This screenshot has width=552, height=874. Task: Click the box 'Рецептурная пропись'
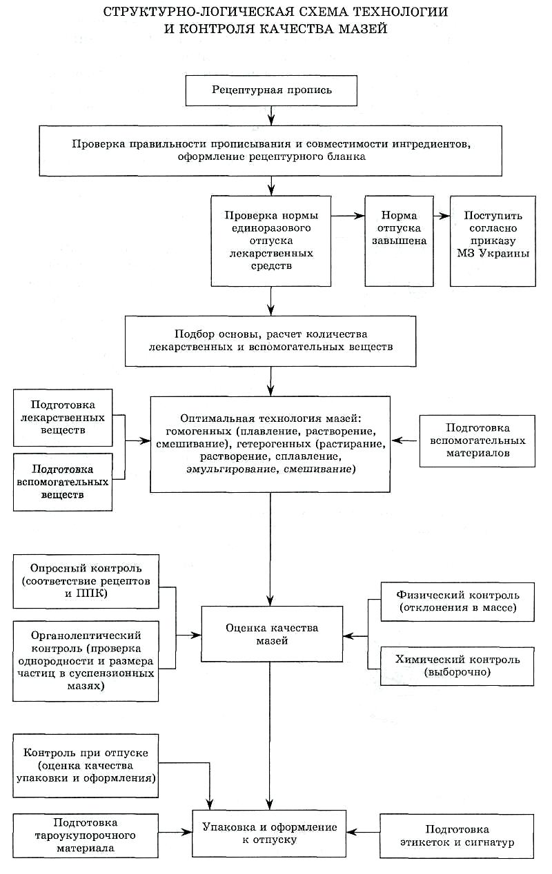[x=271, y=90]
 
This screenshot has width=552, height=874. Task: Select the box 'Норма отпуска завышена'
[x=399, y=241]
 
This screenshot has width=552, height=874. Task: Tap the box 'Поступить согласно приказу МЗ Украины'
[x=493, y=241]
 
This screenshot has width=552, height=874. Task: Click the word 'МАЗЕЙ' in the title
[x=363, y=29]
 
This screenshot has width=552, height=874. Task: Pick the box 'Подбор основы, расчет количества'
[x=270, y=341]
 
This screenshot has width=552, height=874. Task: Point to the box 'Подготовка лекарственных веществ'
[x=63, y=418]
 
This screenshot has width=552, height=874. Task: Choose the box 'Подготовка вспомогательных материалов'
[x=477, y=441]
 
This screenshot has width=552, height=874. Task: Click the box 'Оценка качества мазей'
[x=272, y=634]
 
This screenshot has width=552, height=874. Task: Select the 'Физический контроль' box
[x=457, y=602]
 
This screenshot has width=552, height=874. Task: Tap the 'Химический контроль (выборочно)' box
[x=457, y=667]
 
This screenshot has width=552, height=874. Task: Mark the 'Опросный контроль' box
[x=86, y=581]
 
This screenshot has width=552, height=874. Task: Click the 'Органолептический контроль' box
[x=86, y=661]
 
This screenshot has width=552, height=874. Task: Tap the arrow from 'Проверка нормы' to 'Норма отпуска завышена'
[x=348, y=215]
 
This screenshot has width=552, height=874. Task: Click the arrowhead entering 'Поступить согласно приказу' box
[x=445, y=215]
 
